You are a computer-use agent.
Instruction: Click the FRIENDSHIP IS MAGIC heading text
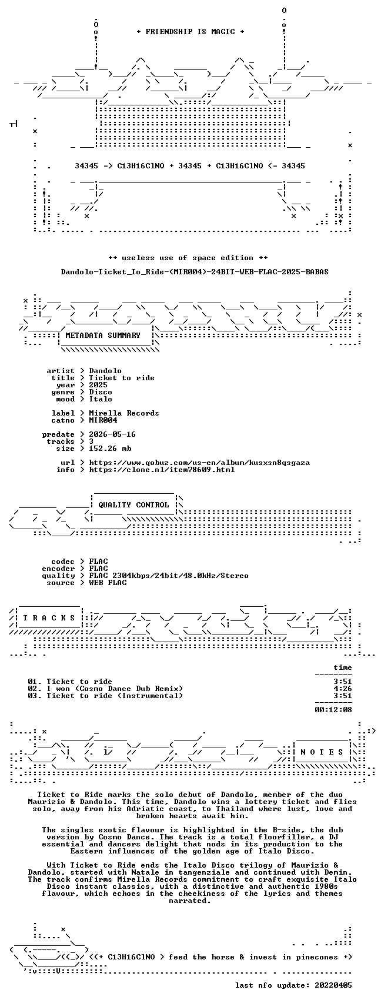coord(190,32)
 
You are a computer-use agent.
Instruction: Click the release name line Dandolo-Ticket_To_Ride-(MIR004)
coord(195,272)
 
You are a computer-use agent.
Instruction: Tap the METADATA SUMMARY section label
coord(103,336)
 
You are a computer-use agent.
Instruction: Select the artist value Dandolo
coord(105,371)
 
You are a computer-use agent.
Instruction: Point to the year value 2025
coord(98,385)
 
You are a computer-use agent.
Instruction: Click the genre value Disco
coord(101,392)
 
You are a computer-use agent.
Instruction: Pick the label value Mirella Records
coord(124,413)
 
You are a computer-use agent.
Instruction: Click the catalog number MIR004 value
coord(103,420)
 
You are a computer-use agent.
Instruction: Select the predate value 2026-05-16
coord(112,434)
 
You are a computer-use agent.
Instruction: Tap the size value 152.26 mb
coord(110,449)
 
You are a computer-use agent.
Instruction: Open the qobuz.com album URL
coord(199,463)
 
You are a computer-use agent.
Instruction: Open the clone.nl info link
coord(162,470)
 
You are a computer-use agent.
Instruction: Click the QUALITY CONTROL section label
coord(133,505)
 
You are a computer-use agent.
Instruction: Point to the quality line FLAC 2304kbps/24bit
coord(169,576)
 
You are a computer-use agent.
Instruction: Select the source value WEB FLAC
coord(108,583)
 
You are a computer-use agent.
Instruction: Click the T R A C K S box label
coord(49,618)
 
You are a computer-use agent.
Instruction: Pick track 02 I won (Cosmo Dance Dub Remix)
coord(105,689)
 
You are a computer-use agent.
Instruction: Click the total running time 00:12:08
coord(333,710)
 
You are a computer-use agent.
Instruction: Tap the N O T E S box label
coord(322,752)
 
